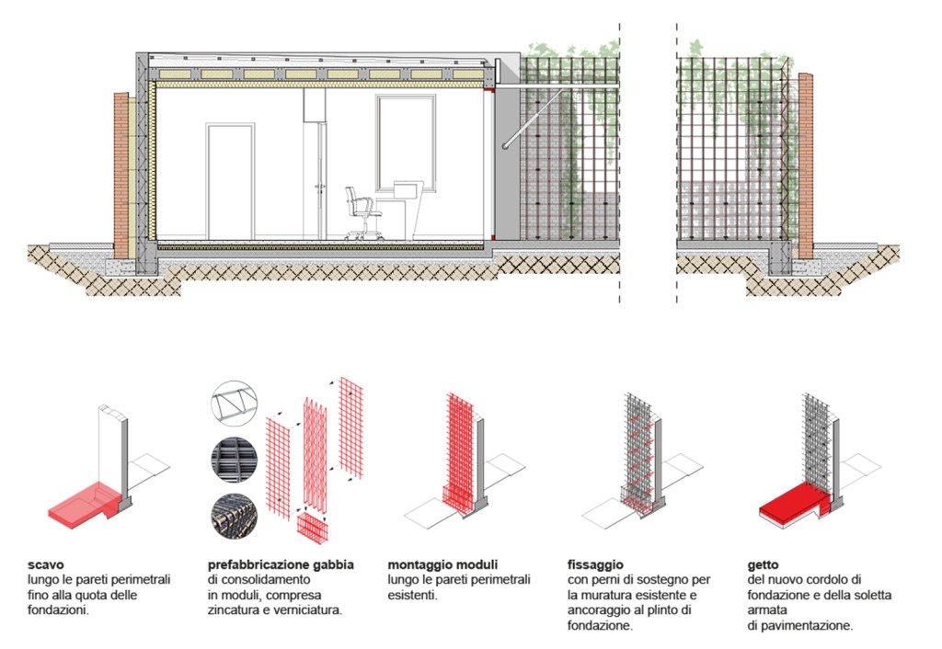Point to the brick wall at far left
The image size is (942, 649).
(x=121, y=175)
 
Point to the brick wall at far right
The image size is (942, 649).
(x=806, y=165)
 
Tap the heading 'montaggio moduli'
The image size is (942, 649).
(x=442, y=564)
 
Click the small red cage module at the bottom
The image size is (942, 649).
(x=316, y=531)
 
